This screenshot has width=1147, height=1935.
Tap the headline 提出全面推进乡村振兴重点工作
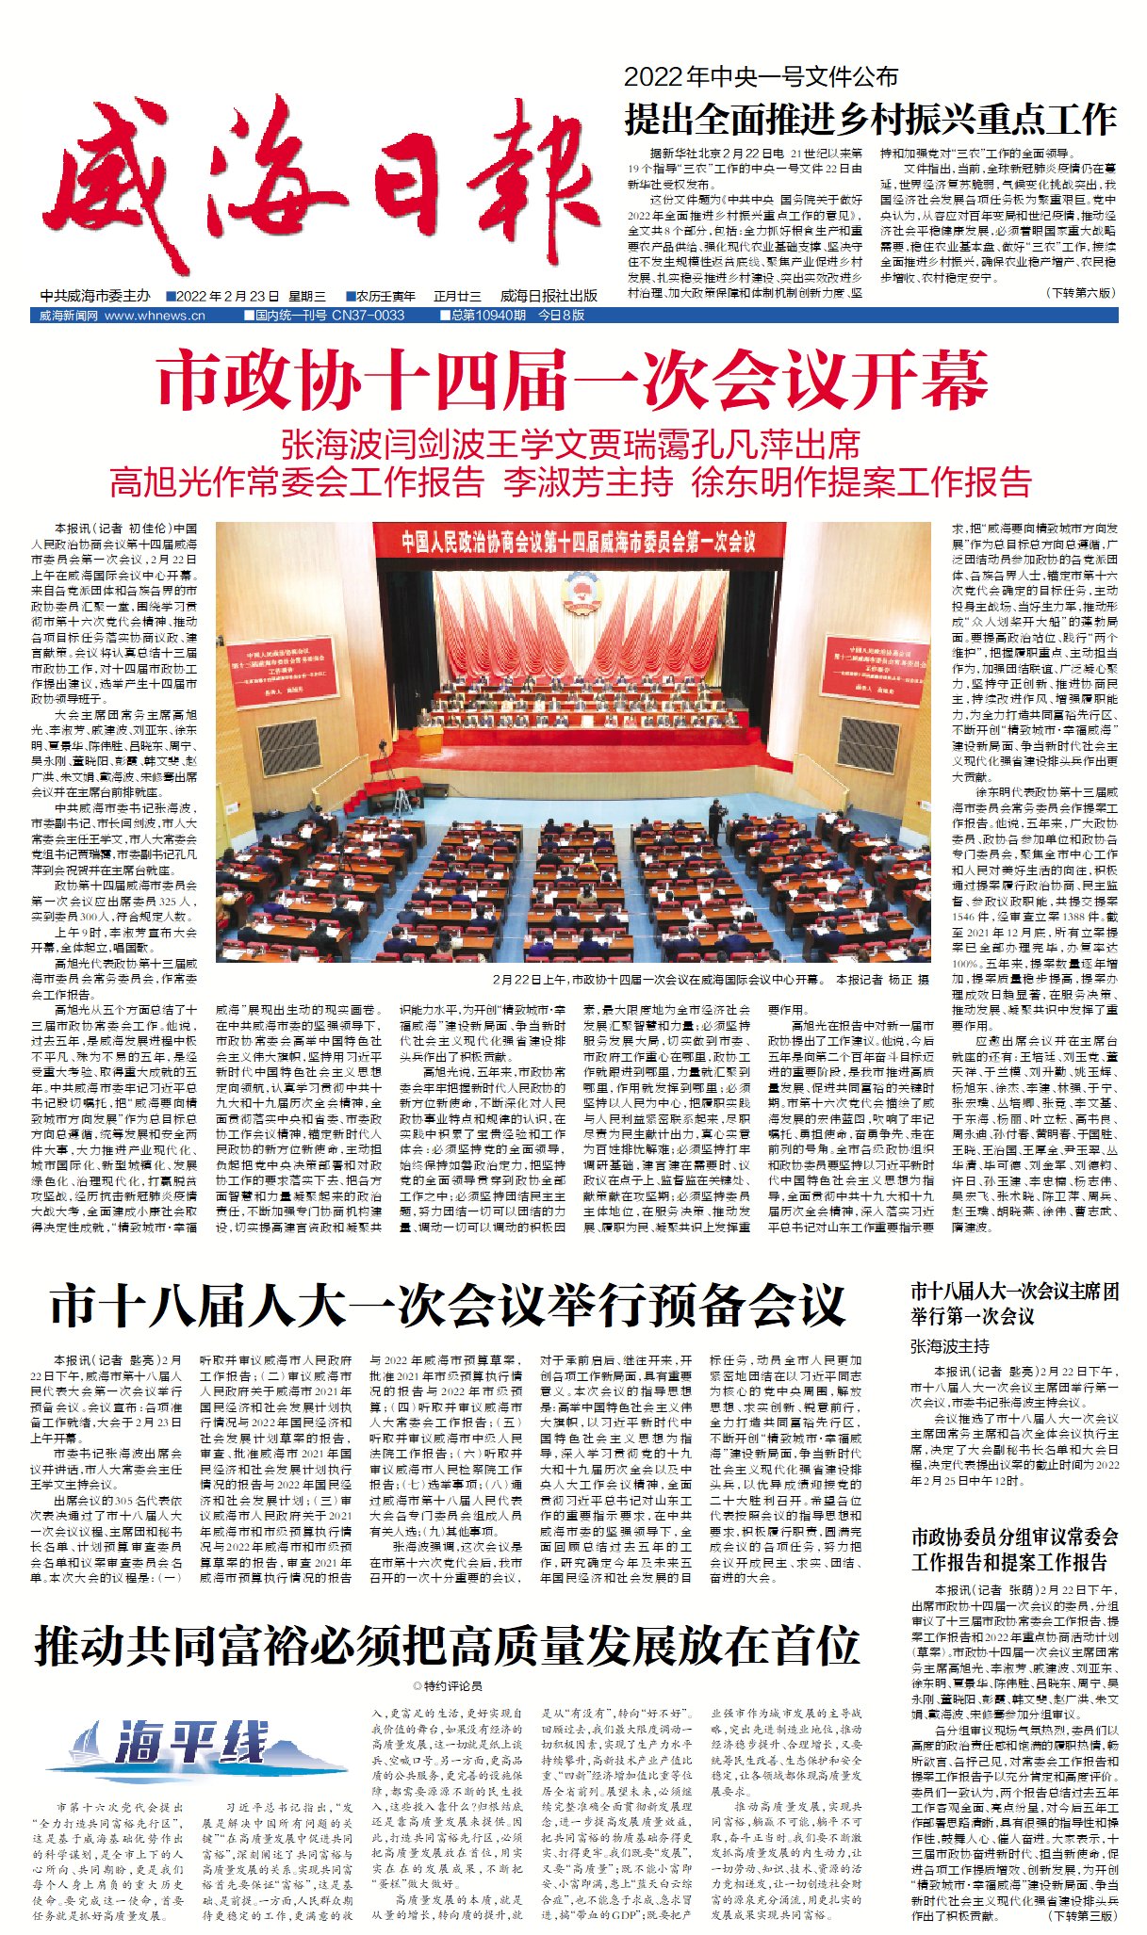point(870,121)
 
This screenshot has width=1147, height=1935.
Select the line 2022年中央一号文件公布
point(761,77)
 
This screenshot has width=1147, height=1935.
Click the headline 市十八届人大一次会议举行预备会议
point(447,1306)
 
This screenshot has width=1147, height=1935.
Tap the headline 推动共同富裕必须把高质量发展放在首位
point(447,1645)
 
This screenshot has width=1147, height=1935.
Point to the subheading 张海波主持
point(950,1346)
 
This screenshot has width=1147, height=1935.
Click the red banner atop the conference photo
point(578,542)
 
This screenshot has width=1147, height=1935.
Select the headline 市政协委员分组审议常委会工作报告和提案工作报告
point(1014,1550)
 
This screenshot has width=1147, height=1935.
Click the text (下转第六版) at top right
point(1080,293)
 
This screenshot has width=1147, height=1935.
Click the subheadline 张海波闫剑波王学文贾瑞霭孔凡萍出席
point(571,445)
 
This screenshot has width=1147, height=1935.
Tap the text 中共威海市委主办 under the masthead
point(95,296)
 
